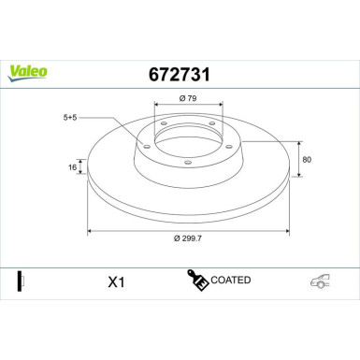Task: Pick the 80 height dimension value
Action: (x=308, y=159)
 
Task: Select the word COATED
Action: (x=231, y=279)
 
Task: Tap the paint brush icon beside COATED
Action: (x=198, y=279)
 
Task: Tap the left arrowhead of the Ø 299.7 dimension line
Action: (x=90, y=229)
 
